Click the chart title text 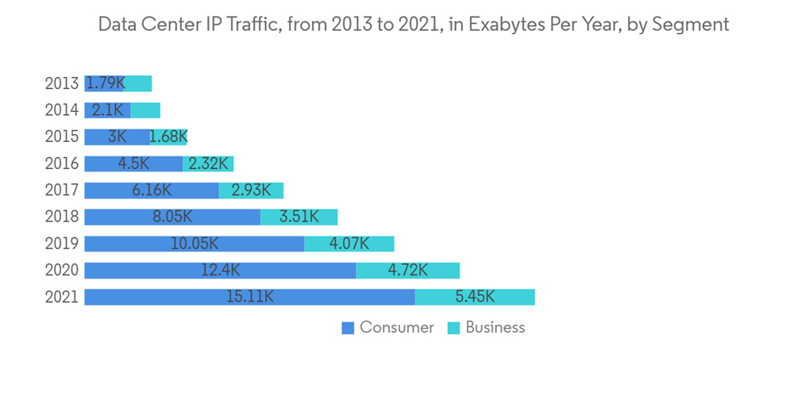(413, 25)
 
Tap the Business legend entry (486, 328)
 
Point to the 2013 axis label (62, 83)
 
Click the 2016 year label (62, 163)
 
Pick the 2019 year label (62, 244)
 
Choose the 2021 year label (62, 297)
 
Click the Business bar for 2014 (146, 110)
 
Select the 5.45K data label (475, 297)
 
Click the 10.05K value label (195, 244)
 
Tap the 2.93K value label (251, 190)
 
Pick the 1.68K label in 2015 (168, 137)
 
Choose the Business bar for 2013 (139, 83)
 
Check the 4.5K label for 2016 (134, 163)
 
